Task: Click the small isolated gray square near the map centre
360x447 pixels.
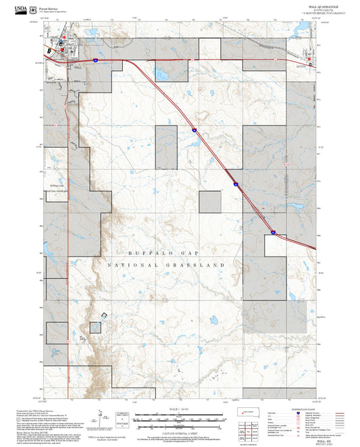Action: [x=210, y=203]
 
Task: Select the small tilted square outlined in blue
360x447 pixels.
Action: [x=103, y=315]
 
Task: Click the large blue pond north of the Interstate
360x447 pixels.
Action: [x=162, y=73]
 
